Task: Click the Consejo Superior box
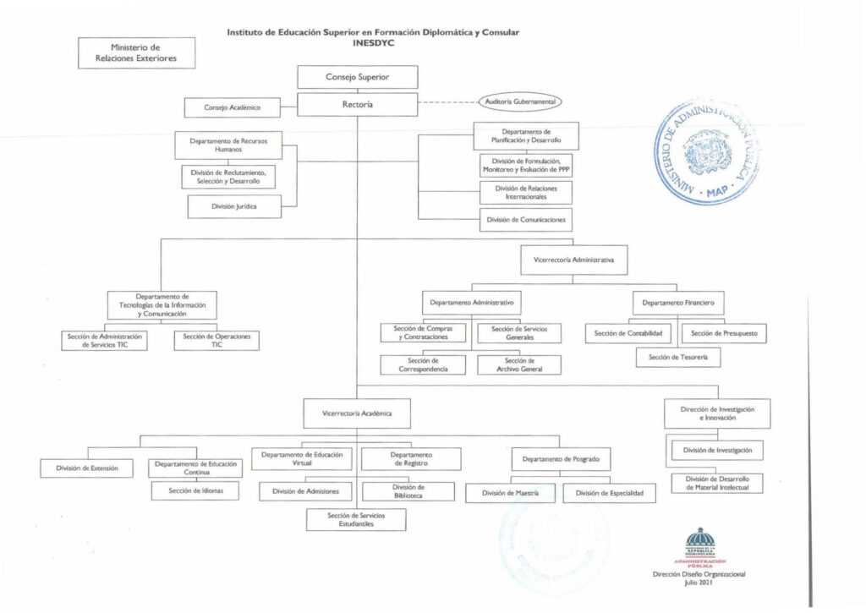[x=357, y=77]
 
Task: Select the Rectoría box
[x=357, y=104]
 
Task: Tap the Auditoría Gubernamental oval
[x=520, y=101]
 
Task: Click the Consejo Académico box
[x=232, y=107]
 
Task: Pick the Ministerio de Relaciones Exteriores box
[x=136, y=52]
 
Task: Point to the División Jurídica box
[x=234, y=205]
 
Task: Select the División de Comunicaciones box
[x=525, y=220]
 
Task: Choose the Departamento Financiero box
[x=678, y=302]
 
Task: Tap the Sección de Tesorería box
[x=678, y=358]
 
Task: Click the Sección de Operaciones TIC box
[x=216, y=340]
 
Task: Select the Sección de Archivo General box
[x=518, y=364]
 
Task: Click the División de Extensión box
[x=87, y=467]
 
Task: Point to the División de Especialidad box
[x=609, y=492]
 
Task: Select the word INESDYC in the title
[x=373, y=42]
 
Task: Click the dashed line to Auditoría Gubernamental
[x=448, y=103]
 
